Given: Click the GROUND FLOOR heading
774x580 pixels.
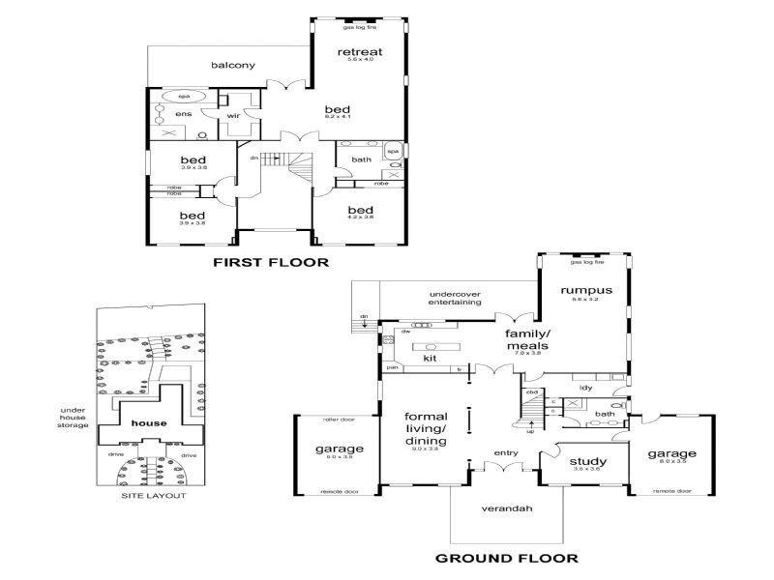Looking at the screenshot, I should pyautogui.click(x=506, y=558).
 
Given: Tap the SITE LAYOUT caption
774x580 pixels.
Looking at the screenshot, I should pyautogui.click(x=153, y=496).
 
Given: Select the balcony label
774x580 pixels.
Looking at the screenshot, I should pyautogui.click(x=232, y=66).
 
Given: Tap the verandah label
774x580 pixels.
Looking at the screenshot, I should pyautogui.click(x=507, y=507).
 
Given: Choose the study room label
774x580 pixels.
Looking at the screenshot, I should pyautogui.click(x=587, y=462).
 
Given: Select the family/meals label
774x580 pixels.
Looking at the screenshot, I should pyautogui.click(x=526, y=338).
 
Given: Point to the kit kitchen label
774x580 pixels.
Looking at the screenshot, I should pyautogui.click(x=431, y=358).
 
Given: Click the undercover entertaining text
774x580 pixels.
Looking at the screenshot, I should pyautogui.click(x=455, y=298).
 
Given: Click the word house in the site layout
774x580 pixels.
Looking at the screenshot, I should pyautogui.click(x=150, y=423).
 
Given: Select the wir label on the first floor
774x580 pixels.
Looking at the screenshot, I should pyautogui.click(x=233, y=116).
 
